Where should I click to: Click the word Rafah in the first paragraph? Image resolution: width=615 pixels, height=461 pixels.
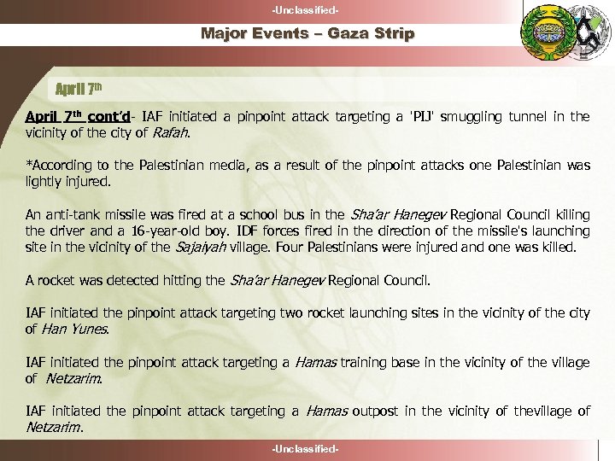tap(170, 132)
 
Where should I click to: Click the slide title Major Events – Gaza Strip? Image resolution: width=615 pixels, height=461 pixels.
tap(307, 34)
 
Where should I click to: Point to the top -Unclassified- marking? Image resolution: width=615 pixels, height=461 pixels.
tap(307, 9)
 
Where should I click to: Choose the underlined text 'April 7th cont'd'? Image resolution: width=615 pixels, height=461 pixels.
tap(78, 116)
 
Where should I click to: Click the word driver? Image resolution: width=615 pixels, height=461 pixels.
tap(69, 230)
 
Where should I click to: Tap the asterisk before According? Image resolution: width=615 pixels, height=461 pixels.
tap(28, 165)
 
